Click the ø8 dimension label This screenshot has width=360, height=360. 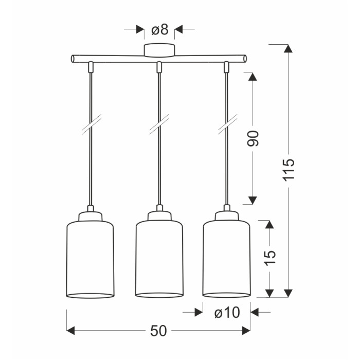[x=160, y=30]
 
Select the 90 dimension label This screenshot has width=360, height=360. [x=253, y=138]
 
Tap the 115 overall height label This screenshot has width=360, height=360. [x=289, y=169]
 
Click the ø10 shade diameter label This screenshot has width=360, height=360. [x=227, y=313]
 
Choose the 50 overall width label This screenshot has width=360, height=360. [x=158, y=331]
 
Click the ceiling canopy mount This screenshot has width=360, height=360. [x=159, y=50]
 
